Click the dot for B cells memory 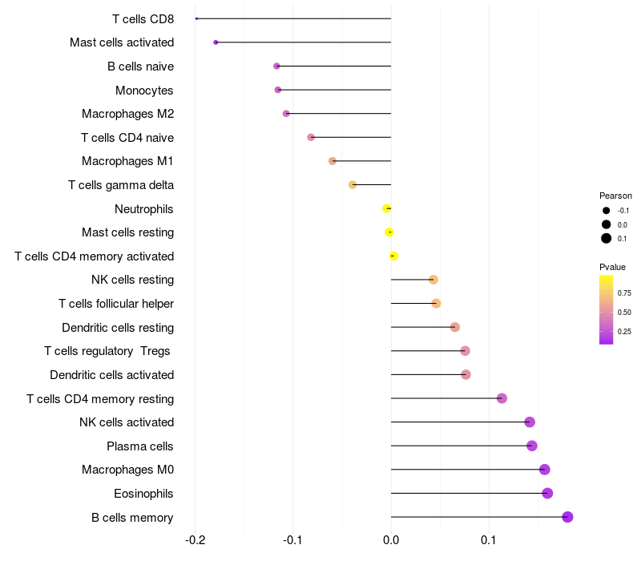(567, 517)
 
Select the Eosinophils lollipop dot (547, 493)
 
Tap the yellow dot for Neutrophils (387, 208)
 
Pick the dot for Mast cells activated (216, 42)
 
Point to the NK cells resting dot (433, 280)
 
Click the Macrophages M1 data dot (333, 161)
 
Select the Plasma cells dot (532, 446)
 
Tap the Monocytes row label (144, 90)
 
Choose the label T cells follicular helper (116, 304)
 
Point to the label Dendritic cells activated (111, 374)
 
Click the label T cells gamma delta (121, 185)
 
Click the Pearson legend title (615, 196)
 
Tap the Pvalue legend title (613, 267)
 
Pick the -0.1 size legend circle (607, 211)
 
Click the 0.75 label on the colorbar (624, 293)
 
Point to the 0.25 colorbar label (624, 331)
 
